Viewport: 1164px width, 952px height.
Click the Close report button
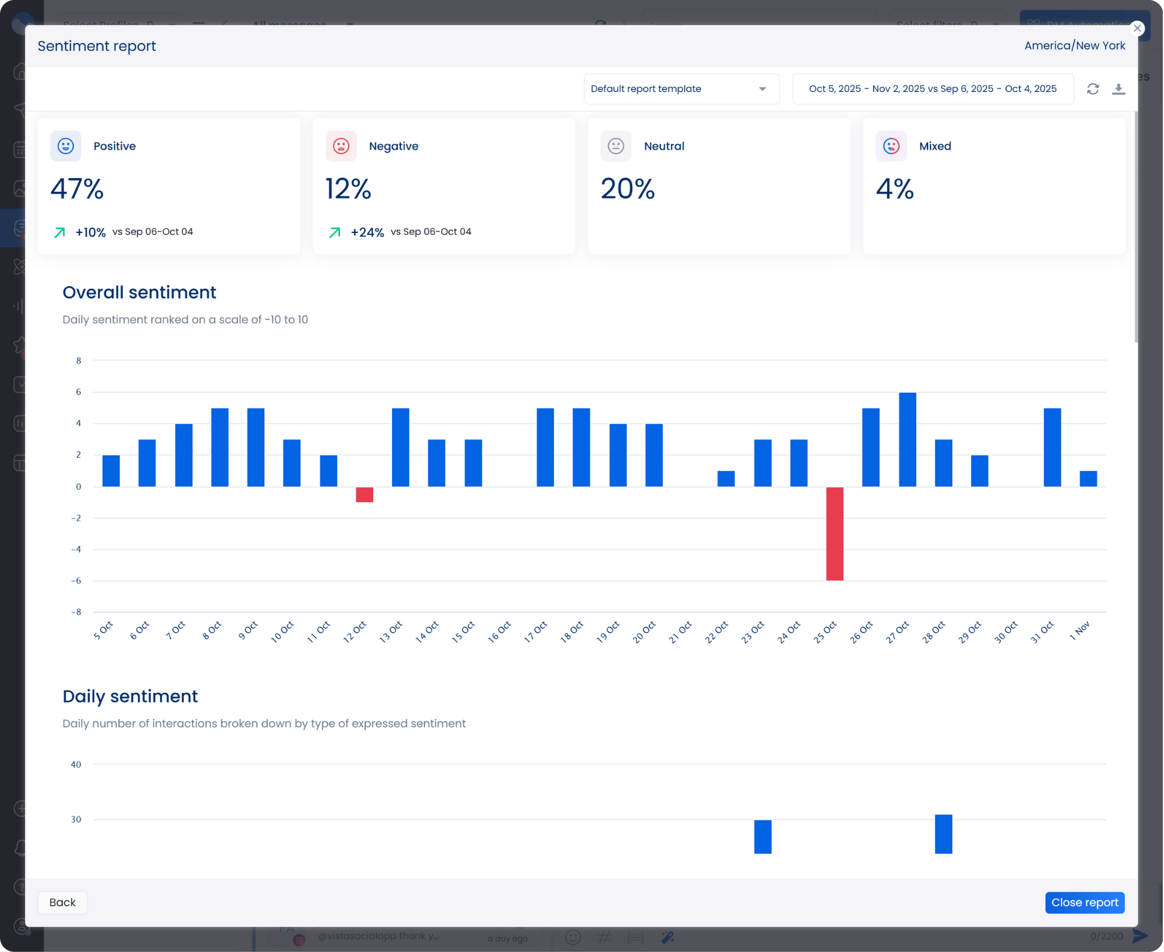pyautogui.click(x=1085, y=902)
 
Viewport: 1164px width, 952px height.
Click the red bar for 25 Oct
pyautogui.click(x=834, y=533)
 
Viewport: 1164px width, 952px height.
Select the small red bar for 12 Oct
pyautogui.click(x=364, y=495)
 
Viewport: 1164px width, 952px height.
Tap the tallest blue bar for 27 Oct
pyautogui.click(x=907, y=440)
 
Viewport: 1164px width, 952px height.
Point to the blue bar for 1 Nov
pyautogui.click(x=1088, y=479)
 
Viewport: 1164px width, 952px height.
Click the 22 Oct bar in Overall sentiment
pyautogui.click(x=726, y=479)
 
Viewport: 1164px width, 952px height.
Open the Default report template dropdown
pyautogui.click(x=681, y=89)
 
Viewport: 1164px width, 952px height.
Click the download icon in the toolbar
pyautogui.click(x=1119, y=89)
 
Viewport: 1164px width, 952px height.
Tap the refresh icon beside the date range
pyautogui.click(x=1093, y=89)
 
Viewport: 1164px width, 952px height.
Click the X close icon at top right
pyautogui.click(x=1137, y=29)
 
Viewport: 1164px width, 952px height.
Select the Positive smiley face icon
pyautogui.click(x=66, y=146)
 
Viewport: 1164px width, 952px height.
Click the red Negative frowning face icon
pyautogui.click(x=341, y=146)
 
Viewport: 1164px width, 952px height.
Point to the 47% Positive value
pyautogui.click(x=77, y=189)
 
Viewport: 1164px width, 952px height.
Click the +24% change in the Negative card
pyautogui.click(x=367, y=232)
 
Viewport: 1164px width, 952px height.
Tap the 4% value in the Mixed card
pyautogui.click(x=894, y=189)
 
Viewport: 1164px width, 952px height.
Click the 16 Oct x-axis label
pyautogui.click(x=499, y=632)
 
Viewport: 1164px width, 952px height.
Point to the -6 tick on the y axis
pyautogui.click(x=76, y=581)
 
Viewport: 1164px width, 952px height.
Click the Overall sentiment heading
pyautogui.click(x=139, y=292)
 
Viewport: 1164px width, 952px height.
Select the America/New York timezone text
pyautogui.click(x=1074, y=46)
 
